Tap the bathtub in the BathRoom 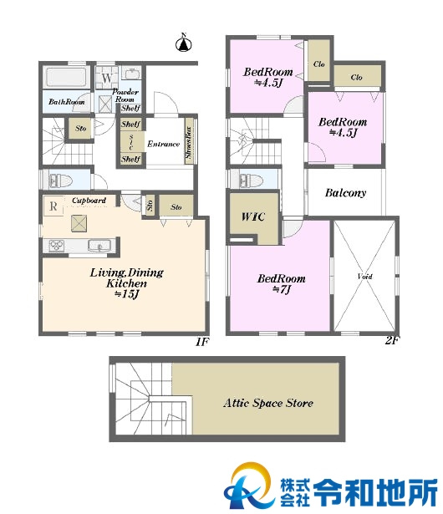point(66,78)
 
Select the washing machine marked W point(106,78)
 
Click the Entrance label point(163,144)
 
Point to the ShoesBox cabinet point(189,141)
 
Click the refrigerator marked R point(53,206)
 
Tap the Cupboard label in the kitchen point(89,201)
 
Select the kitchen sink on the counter point(99,246)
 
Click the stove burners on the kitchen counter point(56,246)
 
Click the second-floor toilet point(252,181)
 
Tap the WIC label point(252,216)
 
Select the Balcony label point(345,193)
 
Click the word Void point(364,277)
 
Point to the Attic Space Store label point(268,403)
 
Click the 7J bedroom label point(282,284)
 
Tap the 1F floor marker point(202,342)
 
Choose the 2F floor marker point(391,341)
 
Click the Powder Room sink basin point(131,74)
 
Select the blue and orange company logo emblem point(248,485)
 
